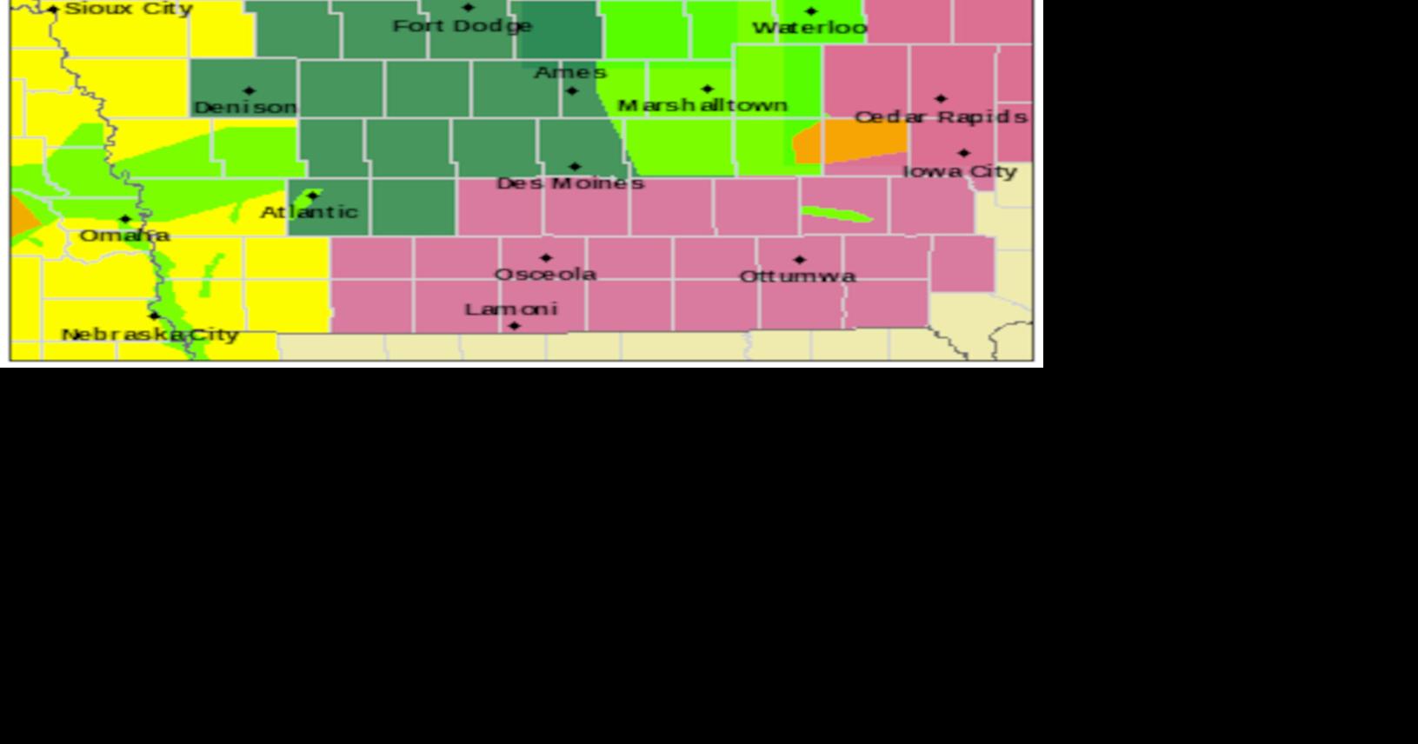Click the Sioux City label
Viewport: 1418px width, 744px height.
coord(129,10)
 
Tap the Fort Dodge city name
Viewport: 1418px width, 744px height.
coord(462,26)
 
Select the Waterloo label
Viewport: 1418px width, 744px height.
coord(809,28)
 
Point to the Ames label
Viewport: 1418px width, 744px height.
coord(570,72)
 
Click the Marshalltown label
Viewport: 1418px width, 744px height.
coord(702,105)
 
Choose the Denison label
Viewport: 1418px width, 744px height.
coord(245,107)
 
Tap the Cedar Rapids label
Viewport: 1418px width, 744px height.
coord(941,116)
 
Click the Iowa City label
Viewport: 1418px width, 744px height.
coord(960,171)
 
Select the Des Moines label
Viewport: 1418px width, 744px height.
coord(570,183)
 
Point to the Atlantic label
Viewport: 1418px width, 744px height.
coord(310,211)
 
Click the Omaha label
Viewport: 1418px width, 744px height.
coord(124,235)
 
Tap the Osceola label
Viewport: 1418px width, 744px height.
coord(545,274)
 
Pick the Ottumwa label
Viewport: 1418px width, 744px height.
coord(797,276)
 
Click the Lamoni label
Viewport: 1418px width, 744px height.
coord(511,309)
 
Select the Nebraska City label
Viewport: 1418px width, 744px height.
coord(150,335)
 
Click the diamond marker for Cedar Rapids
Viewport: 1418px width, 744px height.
coord(941,99)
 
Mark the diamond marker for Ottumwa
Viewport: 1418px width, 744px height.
coord(800,260)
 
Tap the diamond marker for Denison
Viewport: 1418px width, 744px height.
coord(250,90)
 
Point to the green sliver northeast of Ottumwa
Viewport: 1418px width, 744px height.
coord(836,214)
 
